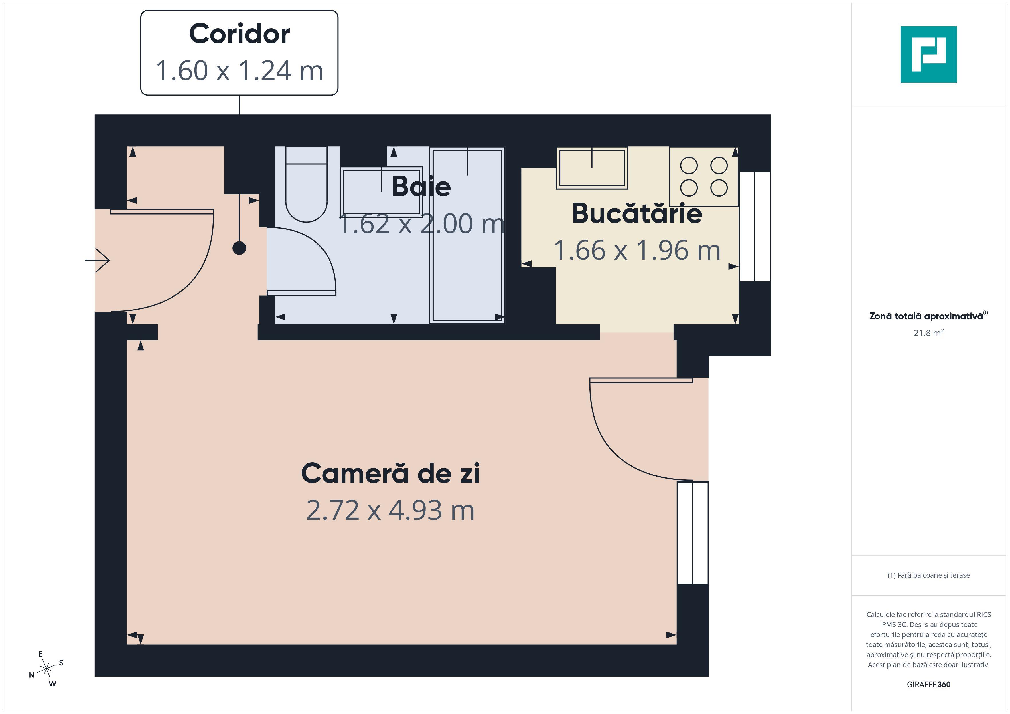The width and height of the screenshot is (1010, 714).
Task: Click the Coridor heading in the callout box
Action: click(x=239, y=33)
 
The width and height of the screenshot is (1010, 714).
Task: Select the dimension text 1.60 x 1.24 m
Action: click(x=239, y=70)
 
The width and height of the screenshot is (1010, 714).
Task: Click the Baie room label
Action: click(x=421, y=187)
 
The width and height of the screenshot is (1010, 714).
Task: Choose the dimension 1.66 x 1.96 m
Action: click(x=636, y=250)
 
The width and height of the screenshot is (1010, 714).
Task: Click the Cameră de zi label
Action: click(x=390, y=473)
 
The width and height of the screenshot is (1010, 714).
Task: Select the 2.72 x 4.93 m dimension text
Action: click(x=390, y=510)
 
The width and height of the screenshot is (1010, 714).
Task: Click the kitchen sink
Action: click(x=592, y=168)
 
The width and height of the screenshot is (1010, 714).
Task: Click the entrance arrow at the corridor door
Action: click(x=97, y=260)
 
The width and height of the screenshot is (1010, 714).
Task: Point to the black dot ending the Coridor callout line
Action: click(x=239, y=248)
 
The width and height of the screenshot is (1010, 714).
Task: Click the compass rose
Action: click(x=46, y=669)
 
